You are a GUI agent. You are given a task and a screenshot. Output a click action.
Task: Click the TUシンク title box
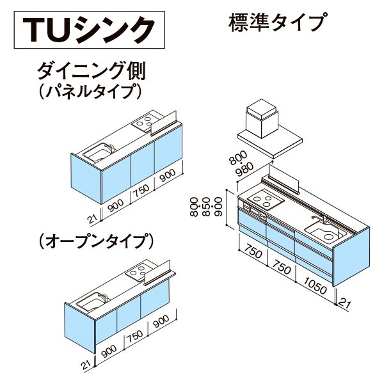[89, 29]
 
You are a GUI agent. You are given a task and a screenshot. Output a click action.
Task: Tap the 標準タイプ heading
[277, 23]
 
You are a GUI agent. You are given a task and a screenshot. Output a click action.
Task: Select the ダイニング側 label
[92, 70]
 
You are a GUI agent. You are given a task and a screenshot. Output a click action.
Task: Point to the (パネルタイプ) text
[90, 91]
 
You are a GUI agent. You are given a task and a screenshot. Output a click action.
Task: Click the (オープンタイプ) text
[96, 241]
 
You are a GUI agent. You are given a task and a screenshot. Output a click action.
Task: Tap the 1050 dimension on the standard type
[315, 285]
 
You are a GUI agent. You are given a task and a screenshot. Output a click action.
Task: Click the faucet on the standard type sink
[319, 219]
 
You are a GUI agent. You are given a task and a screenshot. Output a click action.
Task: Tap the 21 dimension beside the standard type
[344, 304]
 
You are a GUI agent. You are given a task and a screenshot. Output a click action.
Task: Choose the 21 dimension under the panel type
[93, 219]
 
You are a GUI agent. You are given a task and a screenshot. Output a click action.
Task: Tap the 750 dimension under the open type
[134, 337]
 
